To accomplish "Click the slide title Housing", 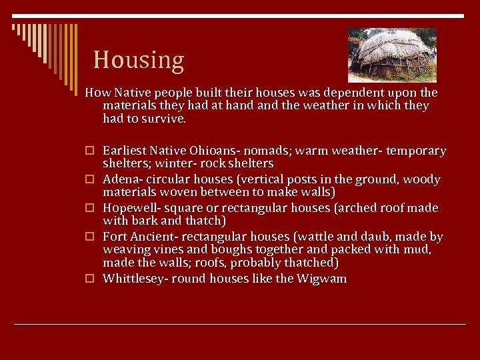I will point(138,60).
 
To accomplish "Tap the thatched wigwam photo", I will point(392,55).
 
